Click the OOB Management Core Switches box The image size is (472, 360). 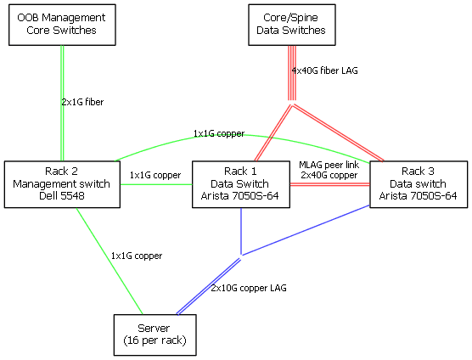62,25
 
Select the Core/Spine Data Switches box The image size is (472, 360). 292,25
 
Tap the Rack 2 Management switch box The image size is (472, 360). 62,184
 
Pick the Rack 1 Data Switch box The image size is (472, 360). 241,184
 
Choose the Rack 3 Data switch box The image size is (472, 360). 419,184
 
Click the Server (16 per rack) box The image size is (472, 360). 155,335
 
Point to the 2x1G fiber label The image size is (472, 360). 83,102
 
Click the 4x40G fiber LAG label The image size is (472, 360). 325,70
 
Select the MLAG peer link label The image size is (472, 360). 329,165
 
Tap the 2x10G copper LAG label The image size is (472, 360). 249,288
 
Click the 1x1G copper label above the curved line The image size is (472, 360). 219,133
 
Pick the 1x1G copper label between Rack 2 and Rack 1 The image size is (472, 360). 155,175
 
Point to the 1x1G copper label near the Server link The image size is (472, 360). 137,256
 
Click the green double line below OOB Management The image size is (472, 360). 62,104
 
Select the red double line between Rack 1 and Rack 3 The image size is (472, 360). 330,184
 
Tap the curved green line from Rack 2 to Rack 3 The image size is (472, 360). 241,136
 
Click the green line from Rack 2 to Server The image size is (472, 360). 110,261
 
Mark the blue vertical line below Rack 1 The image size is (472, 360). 241,231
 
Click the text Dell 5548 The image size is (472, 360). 62,196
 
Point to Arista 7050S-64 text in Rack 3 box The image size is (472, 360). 419,196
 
